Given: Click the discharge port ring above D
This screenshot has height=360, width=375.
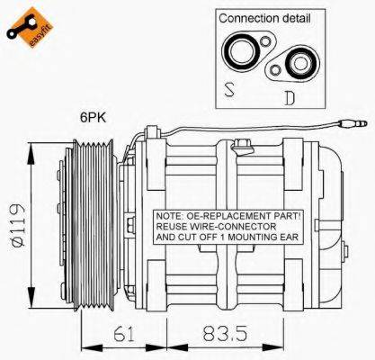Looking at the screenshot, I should pyautogui.click(x=298, y=64).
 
